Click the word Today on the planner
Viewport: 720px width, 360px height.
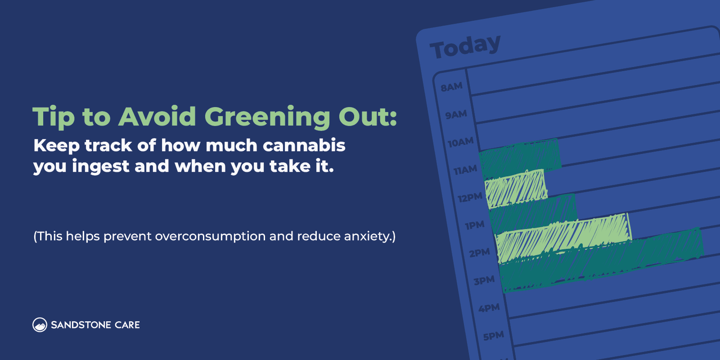click(465, 46)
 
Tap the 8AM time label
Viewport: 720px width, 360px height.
click(451, 87)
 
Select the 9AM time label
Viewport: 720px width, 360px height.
click(456, 115)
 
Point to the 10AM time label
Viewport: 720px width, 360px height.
click(460, 143)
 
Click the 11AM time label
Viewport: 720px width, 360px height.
click(465, 170)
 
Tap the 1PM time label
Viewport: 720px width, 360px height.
click(475, 225)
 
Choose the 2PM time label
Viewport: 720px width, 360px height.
click(479, 253)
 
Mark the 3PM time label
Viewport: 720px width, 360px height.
click(484, 281)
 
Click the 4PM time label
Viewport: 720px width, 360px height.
click(489, 308)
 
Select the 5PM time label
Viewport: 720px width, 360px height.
click(493, 336)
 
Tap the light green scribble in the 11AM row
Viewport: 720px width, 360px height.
click(516, 188)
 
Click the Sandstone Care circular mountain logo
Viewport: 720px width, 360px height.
click(40, 325)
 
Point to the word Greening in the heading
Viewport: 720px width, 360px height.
click(267, 117)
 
